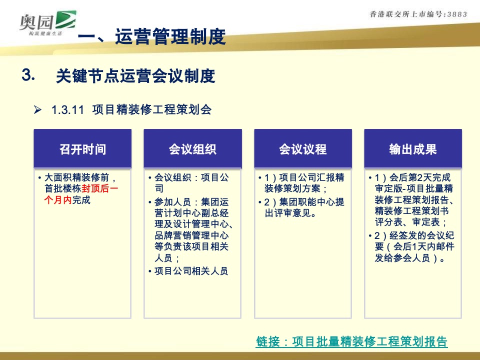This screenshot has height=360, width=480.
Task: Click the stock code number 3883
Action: pos(455,14)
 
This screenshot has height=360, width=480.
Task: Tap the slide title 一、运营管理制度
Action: pos(152,37)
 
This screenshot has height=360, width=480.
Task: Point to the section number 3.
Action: pos(28,75)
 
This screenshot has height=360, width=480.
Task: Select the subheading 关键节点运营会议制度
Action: pos(135,76)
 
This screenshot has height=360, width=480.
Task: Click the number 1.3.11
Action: pos(67,110)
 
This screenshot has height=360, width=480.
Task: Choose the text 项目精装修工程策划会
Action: pos(151,110)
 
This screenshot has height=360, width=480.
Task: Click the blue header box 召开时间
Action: pos(82,149)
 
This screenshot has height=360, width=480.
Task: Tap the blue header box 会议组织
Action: pos(192,149)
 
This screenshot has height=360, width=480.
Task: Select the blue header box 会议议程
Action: pos(302,149)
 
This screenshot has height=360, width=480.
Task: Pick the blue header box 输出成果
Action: pos(412,149)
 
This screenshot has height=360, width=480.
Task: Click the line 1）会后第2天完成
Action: pos(412,178)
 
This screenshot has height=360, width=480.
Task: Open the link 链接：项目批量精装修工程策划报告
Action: pos(351,342)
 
